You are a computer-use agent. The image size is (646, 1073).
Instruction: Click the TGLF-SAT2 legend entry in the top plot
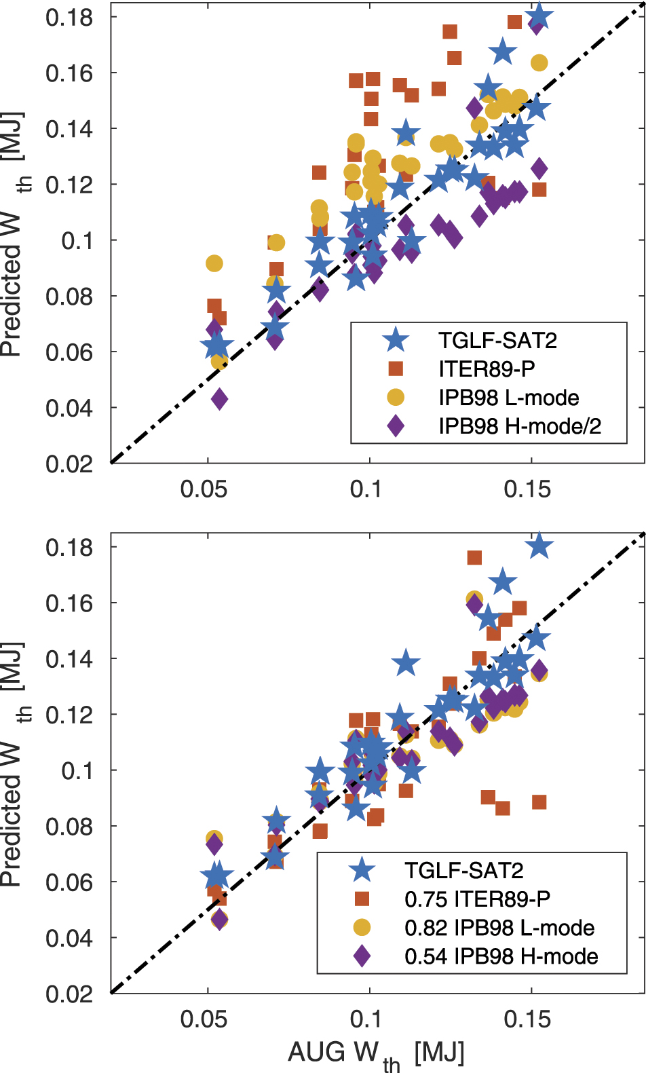pyautogui.click(x=497, y=340)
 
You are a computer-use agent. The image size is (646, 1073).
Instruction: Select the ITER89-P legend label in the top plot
pyautogui.click(x=487, y=369)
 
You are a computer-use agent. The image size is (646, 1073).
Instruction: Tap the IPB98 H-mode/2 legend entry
pyautogui.click(x=520, y=426)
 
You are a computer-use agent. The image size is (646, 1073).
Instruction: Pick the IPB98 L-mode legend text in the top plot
pyautogui.click(x=509, y=398)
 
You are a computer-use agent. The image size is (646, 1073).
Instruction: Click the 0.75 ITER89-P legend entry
pyautogui.click(x=477, y=899)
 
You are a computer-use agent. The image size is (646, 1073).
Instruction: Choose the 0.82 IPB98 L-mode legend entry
pyautogui.click(x=499, y=928)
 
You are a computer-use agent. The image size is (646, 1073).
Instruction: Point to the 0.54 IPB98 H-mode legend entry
pyautogui.click(x=501, y=956)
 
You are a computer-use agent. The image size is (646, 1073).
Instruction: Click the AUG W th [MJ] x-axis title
pyautogui.click(x=376, y=1054)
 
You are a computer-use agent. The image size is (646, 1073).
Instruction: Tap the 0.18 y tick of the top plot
pyautogui.click(x=69, y=18)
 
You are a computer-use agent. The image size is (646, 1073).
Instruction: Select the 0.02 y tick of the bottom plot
pyautogui.click(x=69, y=994)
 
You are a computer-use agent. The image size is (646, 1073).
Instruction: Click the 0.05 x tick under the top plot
pyautogui.click(x=204, y=489)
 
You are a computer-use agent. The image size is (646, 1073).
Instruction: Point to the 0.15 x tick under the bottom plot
pyautogui.click(x=527, y=1019)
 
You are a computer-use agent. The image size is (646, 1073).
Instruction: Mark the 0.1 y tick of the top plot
pyautogui.click(x=77, y=241)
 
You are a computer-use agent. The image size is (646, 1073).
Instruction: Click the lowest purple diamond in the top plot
pyautogui.click(x=219, y=399)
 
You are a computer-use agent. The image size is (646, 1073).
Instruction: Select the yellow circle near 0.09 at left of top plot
pyautogui.click(x=214, y=263)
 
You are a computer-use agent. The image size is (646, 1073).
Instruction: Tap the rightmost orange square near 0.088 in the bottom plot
pyautogui.click(x=539, y=802)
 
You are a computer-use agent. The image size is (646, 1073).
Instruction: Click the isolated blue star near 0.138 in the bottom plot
pyautogui.click(x=406, y=663)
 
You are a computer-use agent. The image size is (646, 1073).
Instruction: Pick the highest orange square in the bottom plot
pyautogui.click(x=474, y=558)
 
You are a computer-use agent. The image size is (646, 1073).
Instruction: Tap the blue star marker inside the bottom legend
pyautogui.click(x=362, y=871)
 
